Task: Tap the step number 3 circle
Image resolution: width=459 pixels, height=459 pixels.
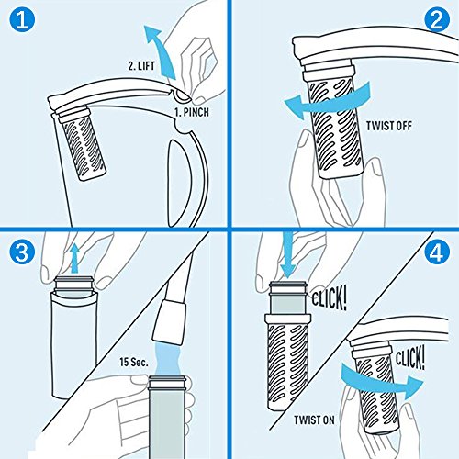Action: (22, 252)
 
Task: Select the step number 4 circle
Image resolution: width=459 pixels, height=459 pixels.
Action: (437, 252)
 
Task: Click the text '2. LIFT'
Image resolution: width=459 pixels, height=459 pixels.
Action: (141, 66)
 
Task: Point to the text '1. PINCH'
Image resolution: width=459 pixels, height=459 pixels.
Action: (192, 112)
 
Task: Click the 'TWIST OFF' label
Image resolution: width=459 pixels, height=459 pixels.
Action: (389, 126)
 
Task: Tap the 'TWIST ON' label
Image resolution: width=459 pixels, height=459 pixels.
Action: (314, 420)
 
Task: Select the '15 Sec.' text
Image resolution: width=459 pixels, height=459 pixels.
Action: (134, 363)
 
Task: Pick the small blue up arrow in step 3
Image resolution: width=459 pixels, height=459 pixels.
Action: (74, 258)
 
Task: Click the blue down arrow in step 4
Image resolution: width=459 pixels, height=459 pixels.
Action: (287, 254)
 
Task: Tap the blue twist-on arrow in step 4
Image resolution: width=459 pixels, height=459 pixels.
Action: (383, 381)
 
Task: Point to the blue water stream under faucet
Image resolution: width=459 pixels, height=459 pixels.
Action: (167, 360)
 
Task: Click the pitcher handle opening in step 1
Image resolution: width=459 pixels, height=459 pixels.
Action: (180, 184)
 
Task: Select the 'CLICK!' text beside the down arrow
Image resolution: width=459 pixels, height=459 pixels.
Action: (330, 298)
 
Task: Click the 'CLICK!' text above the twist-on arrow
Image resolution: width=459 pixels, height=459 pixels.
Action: (410, 357)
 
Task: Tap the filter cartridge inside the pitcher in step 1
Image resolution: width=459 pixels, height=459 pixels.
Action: (81, 143)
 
